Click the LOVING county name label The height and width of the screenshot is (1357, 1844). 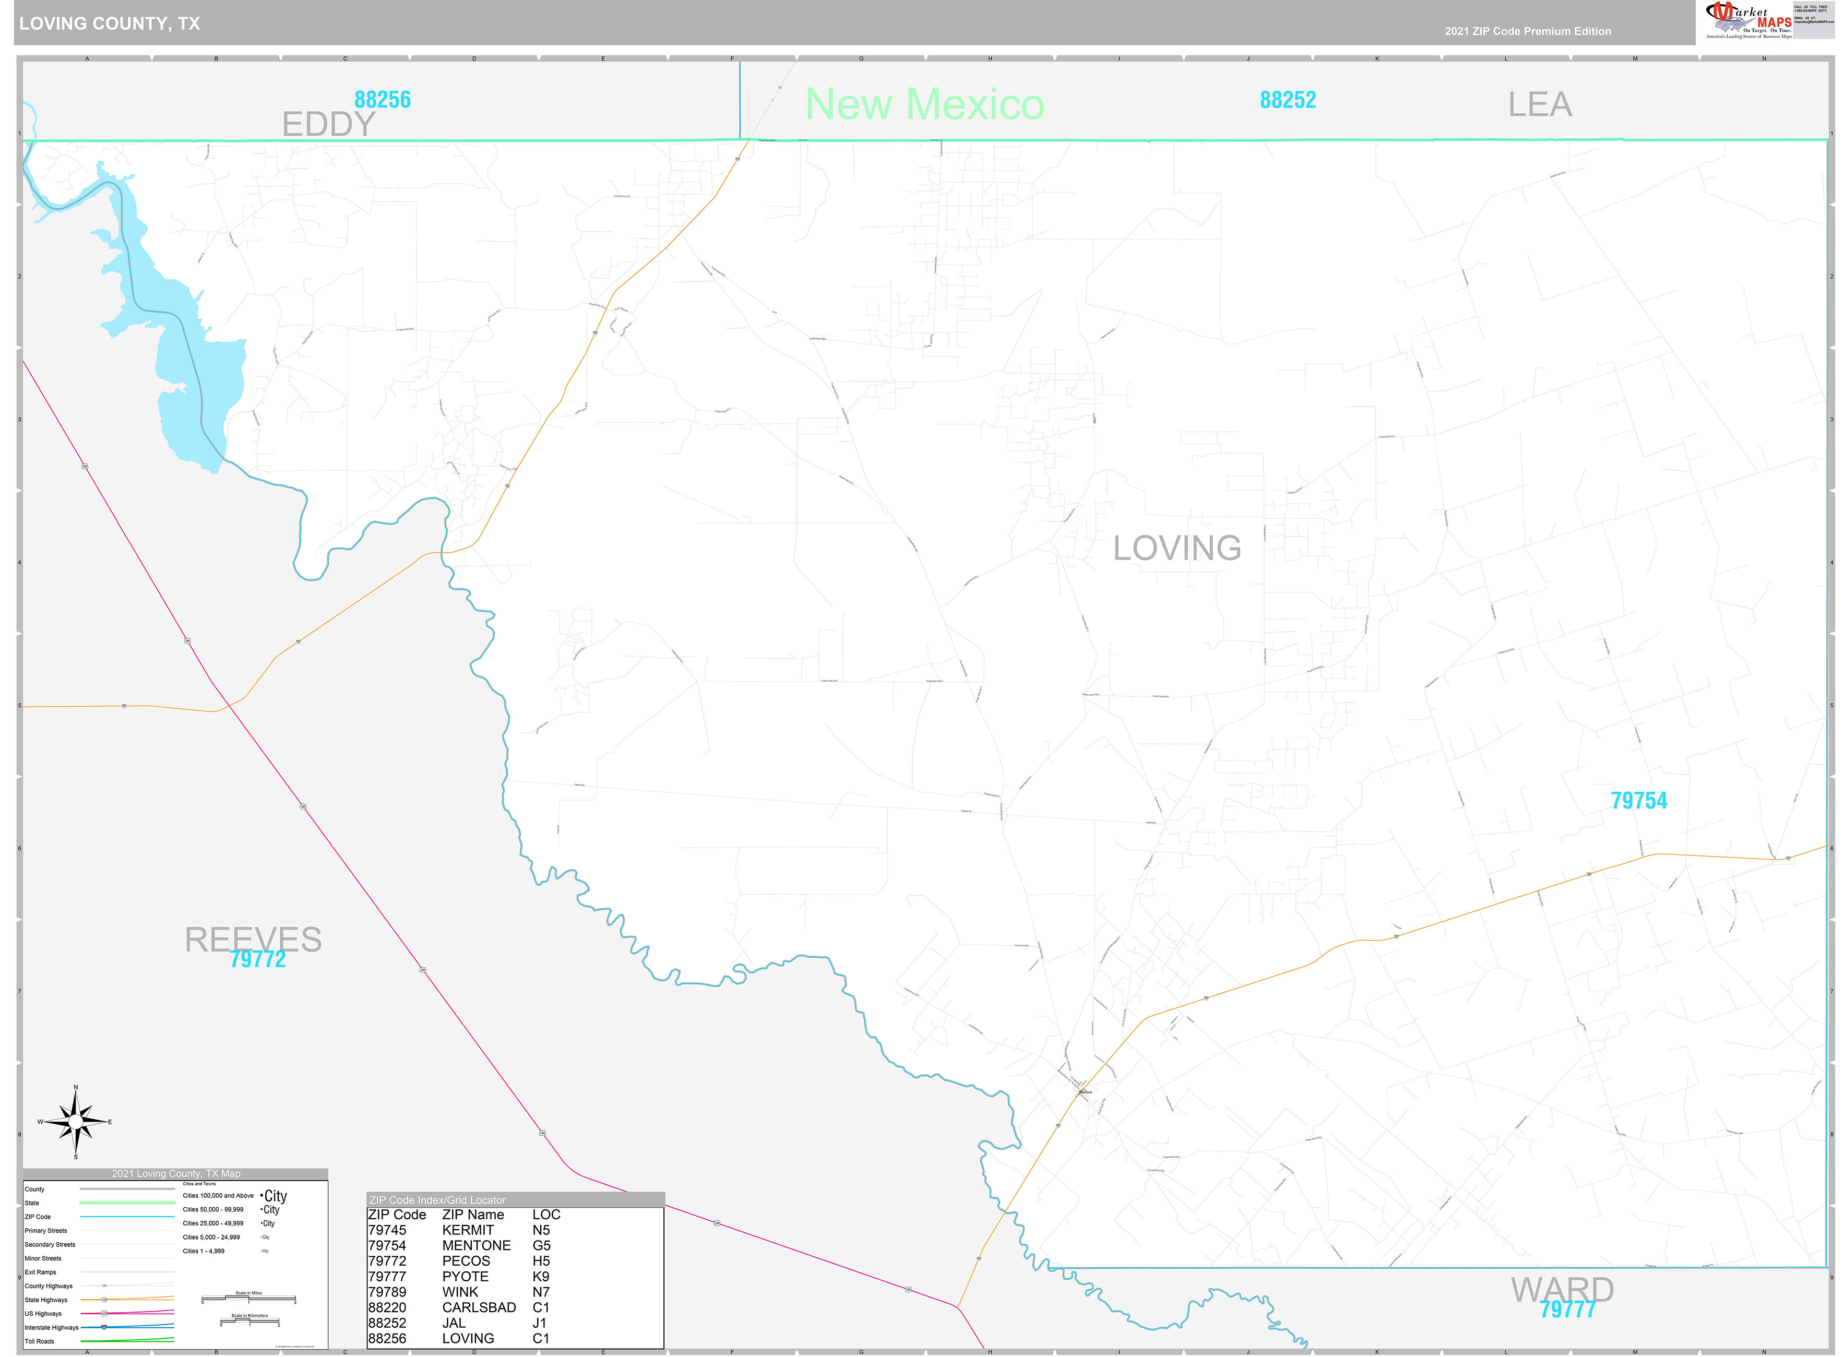tap(1176, 548)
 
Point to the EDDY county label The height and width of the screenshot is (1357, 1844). tap(328, 124)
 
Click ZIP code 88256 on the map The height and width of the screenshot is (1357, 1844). tap(382, 99)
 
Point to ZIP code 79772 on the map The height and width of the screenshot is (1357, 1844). tap(258, 959)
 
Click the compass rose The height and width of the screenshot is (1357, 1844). tap(76, 1121)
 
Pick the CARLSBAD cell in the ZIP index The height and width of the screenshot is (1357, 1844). tap(478, 1307)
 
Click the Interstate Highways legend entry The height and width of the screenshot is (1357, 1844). tap(52, 1327)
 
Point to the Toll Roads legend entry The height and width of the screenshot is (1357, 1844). tap(40, 1341)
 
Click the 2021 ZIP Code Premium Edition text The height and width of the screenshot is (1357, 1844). tap(1527, 31)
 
